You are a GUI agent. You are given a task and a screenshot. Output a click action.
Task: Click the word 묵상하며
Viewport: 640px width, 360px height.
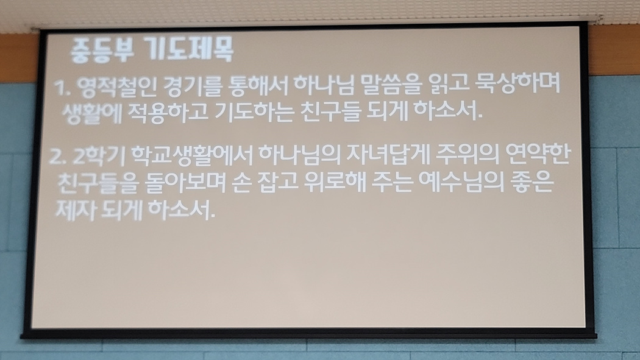pos(518,85)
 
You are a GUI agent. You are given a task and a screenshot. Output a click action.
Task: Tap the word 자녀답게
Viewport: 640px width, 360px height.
pos(388,155)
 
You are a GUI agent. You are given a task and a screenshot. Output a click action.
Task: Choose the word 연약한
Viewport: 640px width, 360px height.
pos(537,155)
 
